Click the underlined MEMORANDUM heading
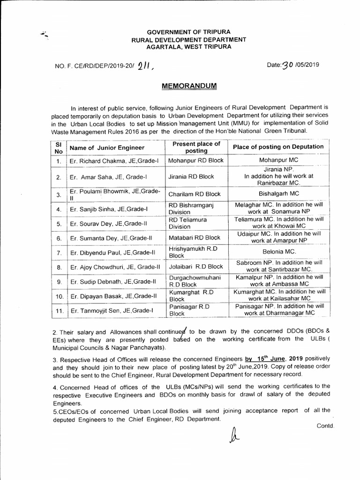pos(182,87)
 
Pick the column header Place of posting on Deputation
pos(278,147)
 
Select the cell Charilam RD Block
pos(194,194)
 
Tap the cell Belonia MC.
pos(278,252)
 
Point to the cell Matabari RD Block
pos(194,238)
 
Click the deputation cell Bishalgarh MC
pos(278,193)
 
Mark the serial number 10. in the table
pos(59,296)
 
